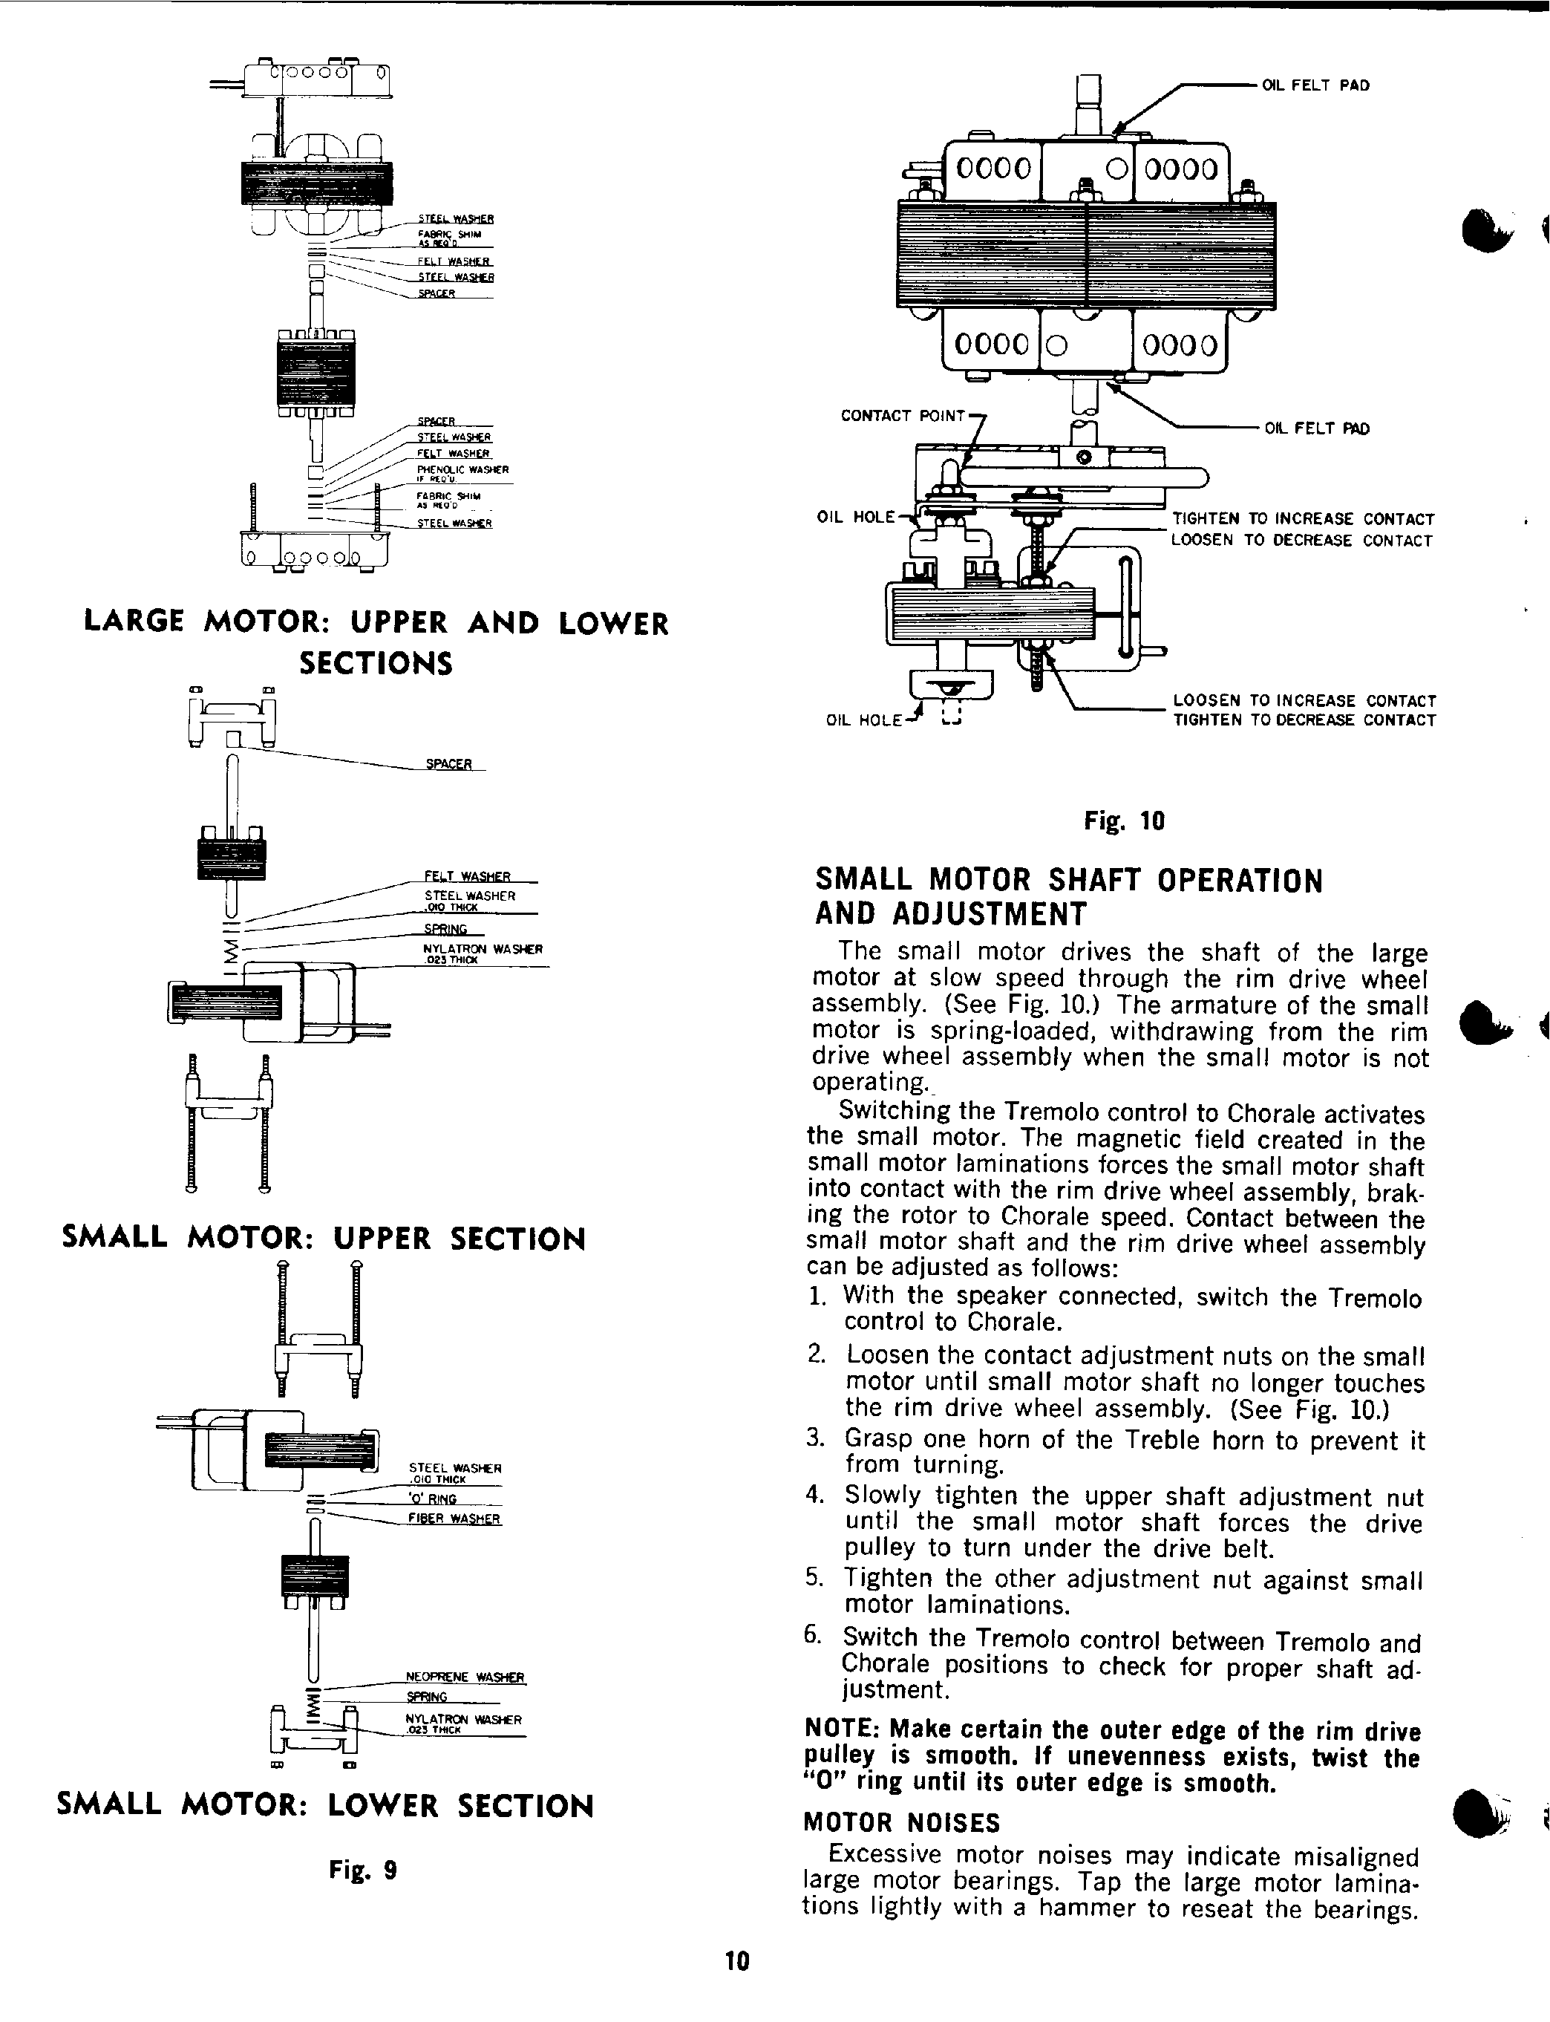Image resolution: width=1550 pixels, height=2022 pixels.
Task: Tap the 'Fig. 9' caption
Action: (x=362, y=1871)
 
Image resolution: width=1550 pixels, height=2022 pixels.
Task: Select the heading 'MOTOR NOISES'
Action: (x=901, y=1823)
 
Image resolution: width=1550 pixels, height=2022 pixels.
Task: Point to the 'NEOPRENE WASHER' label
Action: (x=465, y=1677)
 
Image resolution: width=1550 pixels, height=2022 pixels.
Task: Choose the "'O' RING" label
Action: (x=433, y=1498)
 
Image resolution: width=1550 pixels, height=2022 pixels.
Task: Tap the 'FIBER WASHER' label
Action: (x=454, y=1518)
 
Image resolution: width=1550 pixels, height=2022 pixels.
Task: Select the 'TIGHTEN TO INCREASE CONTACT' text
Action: (x=1303, y=520)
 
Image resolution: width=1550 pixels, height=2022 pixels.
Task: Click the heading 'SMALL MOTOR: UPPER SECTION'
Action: (x=323, y=1239)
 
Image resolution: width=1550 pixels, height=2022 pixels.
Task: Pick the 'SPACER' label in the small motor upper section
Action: (x=448, y=764)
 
